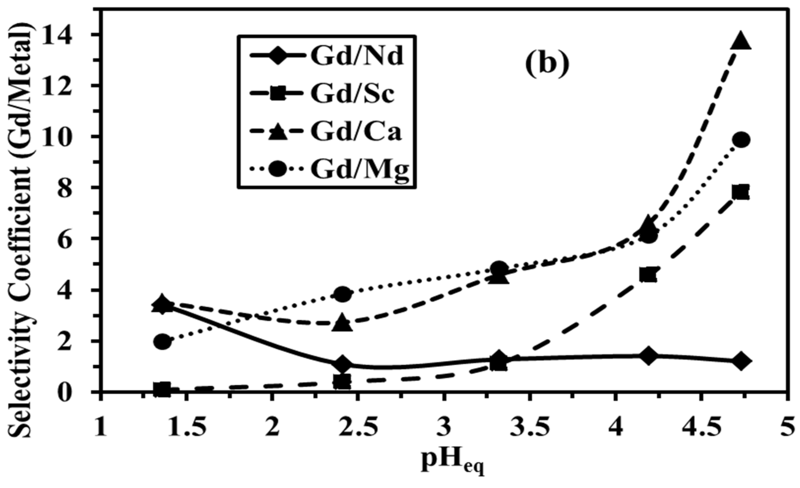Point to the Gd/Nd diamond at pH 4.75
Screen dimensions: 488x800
pos(741,361)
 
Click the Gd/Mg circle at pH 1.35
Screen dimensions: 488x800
pos(163,342)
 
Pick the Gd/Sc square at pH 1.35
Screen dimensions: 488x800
pos(162,388)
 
